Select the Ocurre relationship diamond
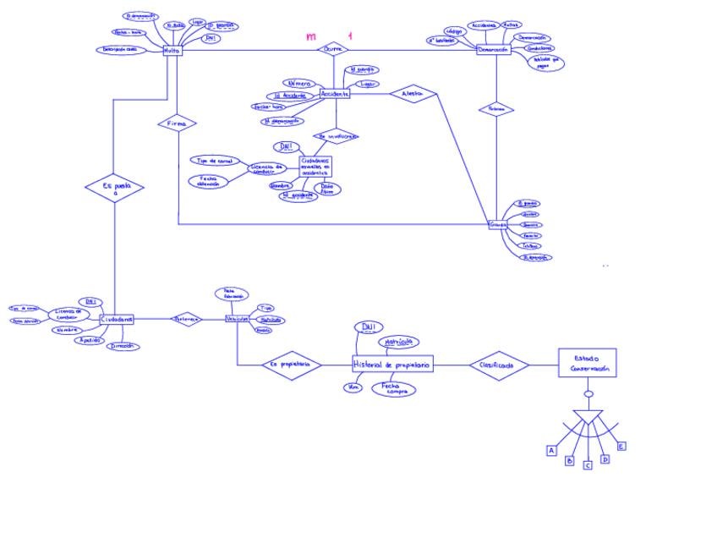(333, 50)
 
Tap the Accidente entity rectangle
(334, 94)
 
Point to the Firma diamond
(177, 123)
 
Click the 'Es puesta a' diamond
(114, 189)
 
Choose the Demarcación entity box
(494, 50)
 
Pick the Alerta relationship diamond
(413, 94)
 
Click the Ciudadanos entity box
(117, 320)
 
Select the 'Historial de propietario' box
(391, 365)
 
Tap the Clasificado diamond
(499, 365)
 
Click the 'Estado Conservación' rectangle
(587, 364)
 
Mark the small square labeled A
(551, 451)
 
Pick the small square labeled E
(621, 446)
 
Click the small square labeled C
(588, 465)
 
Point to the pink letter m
(311, 37)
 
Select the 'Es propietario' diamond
(291, 365)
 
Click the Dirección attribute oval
(123, 346)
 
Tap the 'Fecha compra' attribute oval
(394, 389)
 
